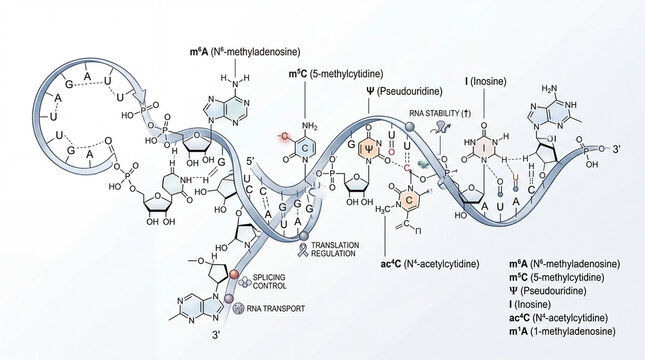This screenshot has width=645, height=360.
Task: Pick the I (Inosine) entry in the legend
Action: pyautogui.click(x=535, y=303)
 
